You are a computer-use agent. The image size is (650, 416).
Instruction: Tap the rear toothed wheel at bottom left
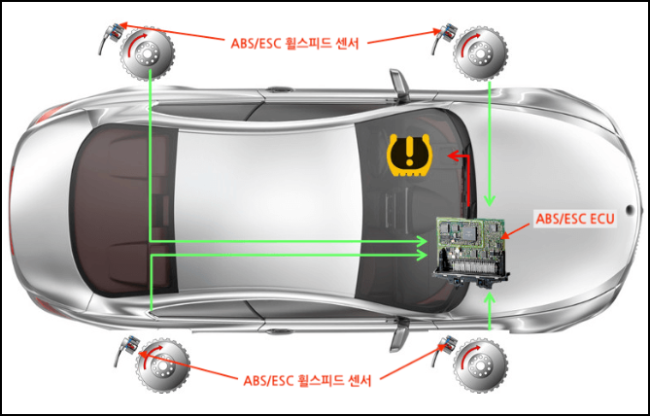click(157, 363)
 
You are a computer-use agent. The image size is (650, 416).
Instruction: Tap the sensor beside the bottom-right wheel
click(449, 345)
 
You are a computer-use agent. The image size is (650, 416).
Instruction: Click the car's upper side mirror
click(396, 85)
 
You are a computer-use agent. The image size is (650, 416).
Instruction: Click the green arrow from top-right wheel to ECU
click(490, 146)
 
